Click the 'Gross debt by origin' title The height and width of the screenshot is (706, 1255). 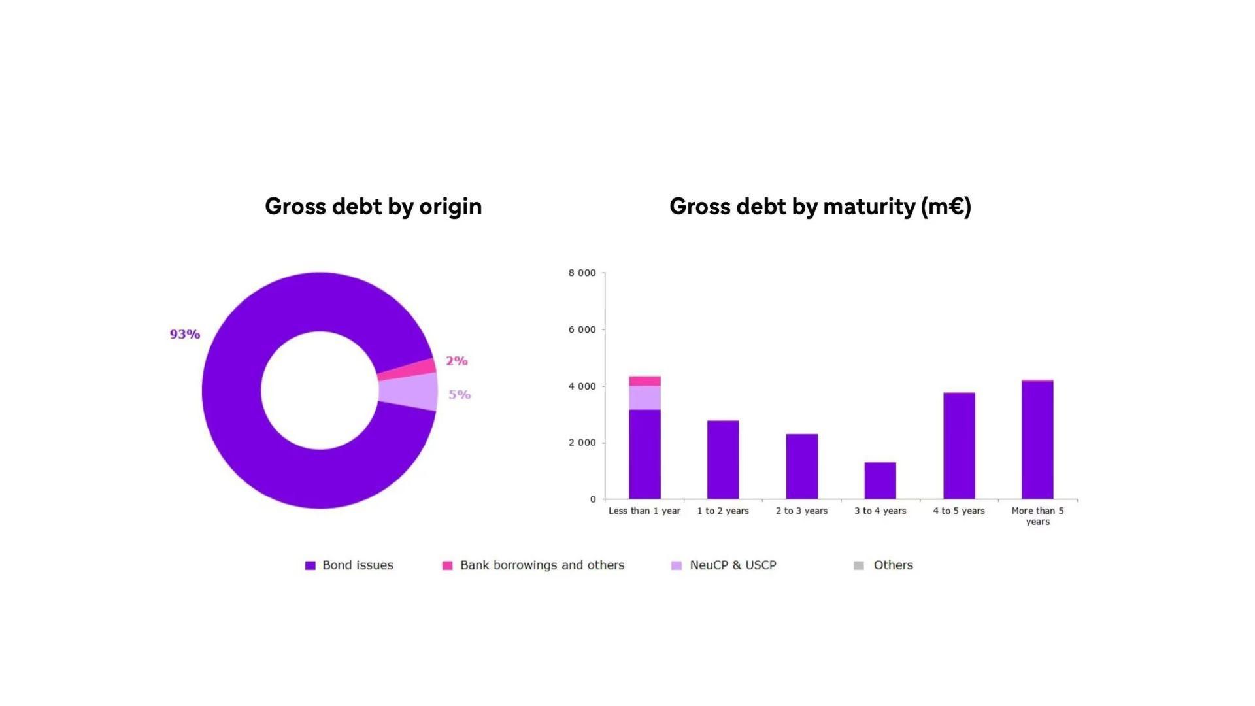click(x=373, y=207)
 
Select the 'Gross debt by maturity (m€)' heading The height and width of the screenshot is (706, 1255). click(x=820, y=207)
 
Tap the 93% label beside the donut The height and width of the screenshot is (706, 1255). click(x=185, y=334)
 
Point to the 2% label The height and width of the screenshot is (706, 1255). click(x=457, y=361)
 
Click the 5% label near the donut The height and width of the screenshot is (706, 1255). click(x=460, y=394)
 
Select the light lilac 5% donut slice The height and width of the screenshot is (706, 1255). click(x=409, y=391)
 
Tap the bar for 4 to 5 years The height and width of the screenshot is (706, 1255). click(x=959, y=446)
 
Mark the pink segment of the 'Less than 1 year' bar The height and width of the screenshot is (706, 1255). click(x=644, y=381)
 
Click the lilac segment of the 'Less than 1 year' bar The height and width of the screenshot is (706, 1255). click(x=644, y=397)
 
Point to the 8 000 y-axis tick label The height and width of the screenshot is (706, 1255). click(x=582, y=273)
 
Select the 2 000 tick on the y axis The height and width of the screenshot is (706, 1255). click(x=582, y=443)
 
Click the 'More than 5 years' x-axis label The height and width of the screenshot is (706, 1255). click(x=1037, y=516)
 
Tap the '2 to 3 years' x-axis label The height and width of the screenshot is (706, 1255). click(x=801, y=511)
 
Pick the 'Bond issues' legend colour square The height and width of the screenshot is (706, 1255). click(x=310, y=565)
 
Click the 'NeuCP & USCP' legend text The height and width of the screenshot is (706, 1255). click(x=733, y=565)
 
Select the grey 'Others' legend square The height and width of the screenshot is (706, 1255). click(x=859, y=565)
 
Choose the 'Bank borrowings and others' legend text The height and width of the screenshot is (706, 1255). click(x=542, y=565)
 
